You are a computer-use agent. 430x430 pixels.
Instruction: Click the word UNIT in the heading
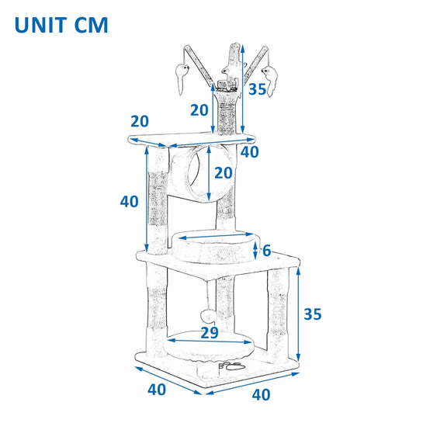tap(41, 26)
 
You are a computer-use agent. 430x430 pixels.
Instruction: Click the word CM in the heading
tap(92, 26)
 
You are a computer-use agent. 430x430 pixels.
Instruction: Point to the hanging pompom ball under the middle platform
tap(209, 316)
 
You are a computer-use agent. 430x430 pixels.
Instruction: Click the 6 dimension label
tap(266, 251)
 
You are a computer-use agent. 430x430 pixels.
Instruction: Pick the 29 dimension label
tap(210, 333)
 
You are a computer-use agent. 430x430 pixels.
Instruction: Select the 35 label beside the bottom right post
tap(313, 314)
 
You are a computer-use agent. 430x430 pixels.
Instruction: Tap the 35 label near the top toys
tap(257, 89)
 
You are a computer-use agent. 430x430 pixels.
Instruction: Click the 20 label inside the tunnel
tap(224, 173)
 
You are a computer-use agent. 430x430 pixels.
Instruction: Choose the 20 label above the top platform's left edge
tap(140, 121)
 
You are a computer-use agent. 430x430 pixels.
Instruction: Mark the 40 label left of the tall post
tap(129, 202)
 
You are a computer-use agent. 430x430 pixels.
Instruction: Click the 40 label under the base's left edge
tap(157, 390)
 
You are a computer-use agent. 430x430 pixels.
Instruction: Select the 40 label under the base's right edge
tap(261, 395)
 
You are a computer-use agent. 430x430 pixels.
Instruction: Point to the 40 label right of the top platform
tap(250, 152)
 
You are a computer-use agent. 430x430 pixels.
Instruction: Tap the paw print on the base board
tap(233, 366)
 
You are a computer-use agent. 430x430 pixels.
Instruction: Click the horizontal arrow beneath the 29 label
tap(210, 342)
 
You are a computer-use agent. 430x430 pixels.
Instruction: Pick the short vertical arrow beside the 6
tap(255, 251)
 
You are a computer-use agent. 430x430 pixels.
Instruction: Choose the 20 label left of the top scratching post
tap(199, 110)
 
